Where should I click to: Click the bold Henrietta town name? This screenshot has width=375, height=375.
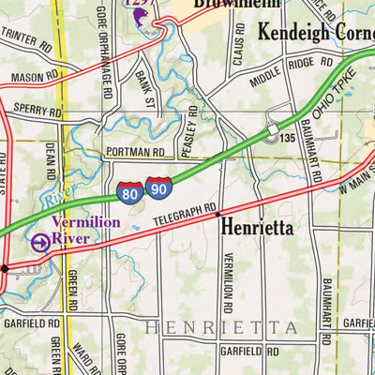257,227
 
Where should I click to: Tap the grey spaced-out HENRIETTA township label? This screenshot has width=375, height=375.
220,327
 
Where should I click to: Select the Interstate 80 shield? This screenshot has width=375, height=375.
130,194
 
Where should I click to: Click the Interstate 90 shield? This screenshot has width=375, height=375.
158,189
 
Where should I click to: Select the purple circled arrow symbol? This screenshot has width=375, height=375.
40,242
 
